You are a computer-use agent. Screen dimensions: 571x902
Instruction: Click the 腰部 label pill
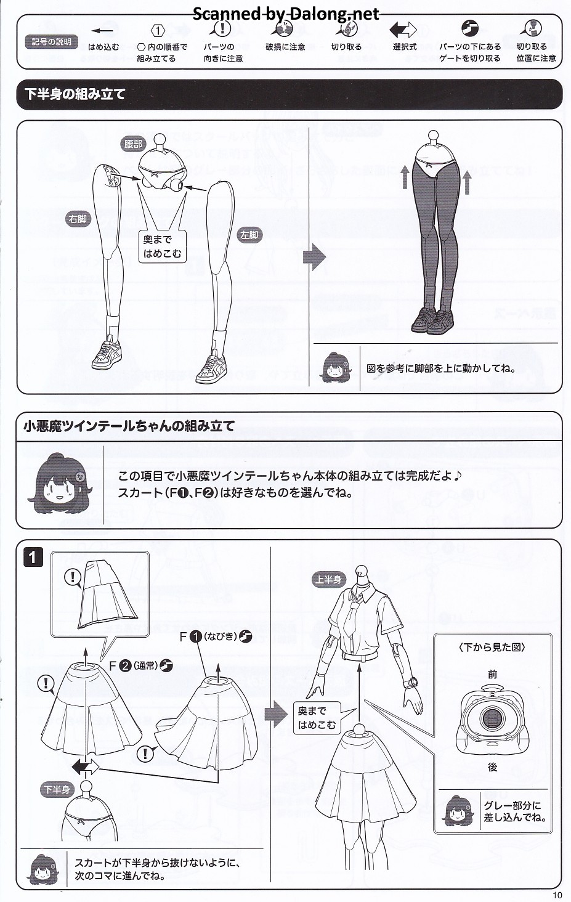pos(133,144)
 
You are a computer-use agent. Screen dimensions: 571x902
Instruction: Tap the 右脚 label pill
pos(78,219)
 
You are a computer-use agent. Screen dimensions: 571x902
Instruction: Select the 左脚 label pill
pos(249,235)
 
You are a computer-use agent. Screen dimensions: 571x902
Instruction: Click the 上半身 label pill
pos(328,579)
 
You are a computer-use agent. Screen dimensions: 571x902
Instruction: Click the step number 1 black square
pos(33,558)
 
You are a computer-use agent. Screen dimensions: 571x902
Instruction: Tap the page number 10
pos(557,895)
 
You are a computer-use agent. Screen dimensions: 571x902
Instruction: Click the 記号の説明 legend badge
pos(51,42)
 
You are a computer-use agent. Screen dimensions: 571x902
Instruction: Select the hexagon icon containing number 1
pos(158,31)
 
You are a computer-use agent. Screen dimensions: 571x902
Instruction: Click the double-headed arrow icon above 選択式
pos(403,30)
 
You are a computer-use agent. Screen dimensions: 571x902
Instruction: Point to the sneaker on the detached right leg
pos(107,354)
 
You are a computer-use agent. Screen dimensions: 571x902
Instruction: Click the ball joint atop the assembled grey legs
pos(433,135)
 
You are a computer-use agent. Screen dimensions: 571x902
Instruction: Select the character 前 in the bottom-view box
pos(492,674)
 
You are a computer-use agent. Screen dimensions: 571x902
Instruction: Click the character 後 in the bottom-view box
pos(492,767)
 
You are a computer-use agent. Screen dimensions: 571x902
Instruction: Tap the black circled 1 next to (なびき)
pos(195,636)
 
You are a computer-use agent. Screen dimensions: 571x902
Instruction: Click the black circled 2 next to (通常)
pos(125,665)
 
